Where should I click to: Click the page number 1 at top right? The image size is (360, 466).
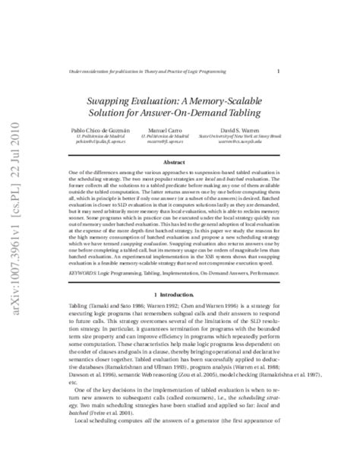pos(279,71)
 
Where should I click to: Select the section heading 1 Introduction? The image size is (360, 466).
pos(181,293)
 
